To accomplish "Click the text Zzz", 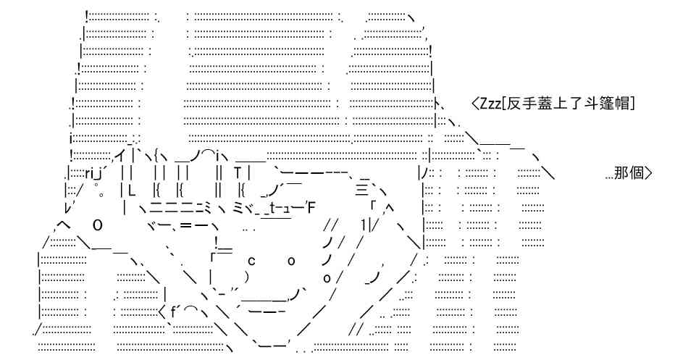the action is coord(490,104).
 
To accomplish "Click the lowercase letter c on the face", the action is coord(251,261).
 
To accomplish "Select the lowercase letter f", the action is coord(172,309).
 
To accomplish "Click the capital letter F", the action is coord(310,206).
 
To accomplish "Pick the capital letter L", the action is coord(131,190).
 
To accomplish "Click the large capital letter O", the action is coord(98,225).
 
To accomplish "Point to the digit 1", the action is coord(364,225).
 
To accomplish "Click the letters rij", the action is coord(93,172).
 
